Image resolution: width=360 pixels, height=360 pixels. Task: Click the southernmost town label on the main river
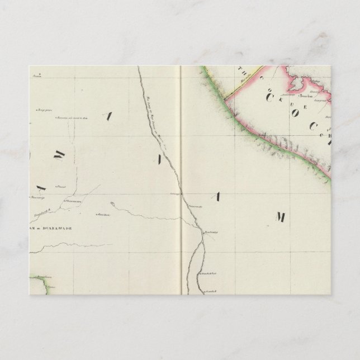(x=210, y=291)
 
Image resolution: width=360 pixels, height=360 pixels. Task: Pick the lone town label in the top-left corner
(x=37, y=76)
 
